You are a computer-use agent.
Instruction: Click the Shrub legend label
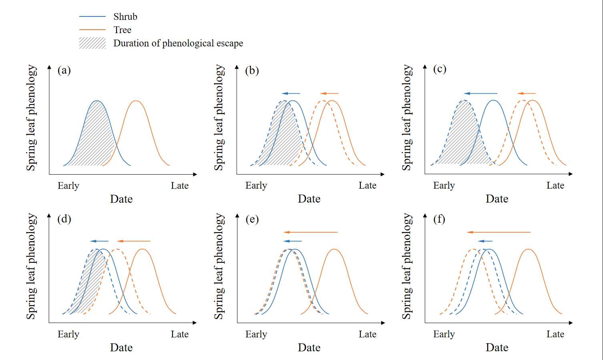125,16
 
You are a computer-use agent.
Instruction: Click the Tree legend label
122,30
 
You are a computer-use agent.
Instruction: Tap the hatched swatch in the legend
92,43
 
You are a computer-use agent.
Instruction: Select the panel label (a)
64,70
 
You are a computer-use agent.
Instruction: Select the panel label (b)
252,70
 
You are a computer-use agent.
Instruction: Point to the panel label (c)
440,69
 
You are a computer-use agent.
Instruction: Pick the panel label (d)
64,219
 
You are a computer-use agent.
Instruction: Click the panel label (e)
252,219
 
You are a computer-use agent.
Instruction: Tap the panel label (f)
439,219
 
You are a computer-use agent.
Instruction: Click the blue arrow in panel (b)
290,94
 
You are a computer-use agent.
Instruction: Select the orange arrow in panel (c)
526,94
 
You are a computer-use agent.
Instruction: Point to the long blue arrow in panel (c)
480,94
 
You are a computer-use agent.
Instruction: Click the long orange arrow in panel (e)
311,232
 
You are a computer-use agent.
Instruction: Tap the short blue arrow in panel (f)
485,241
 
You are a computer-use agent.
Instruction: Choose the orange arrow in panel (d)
134,241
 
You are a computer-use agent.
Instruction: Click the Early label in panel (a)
68,185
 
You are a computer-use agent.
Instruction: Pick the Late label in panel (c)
555,185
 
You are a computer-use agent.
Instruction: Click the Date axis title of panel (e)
309,348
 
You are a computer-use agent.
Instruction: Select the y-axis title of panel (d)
31,266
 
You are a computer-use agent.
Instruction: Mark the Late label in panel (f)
555,334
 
